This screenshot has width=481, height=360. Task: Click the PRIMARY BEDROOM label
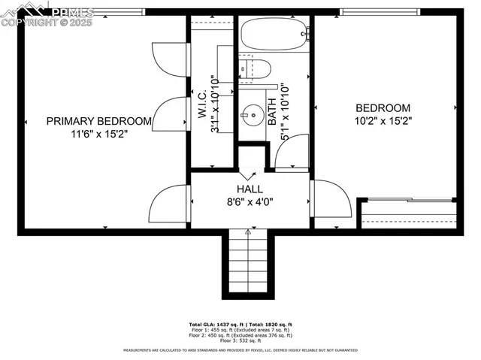[x=99, y=121]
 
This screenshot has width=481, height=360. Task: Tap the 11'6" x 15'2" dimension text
[x=99, y=134]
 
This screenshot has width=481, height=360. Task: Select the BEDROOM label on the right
[x=383, y=108]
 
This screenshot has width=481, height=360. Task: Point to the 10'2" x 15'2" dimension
[x=383, y=120]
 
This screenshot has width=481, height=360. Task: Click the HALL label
[x=250, y=189]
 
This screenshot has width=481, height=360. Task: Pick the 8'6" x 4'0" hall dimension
[x=250, y=201]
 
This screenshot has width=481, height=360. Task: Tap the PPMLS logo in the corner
[x=47, y=13]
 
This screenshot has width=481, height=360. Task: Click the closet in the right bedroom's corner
[x=409, y=215]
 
